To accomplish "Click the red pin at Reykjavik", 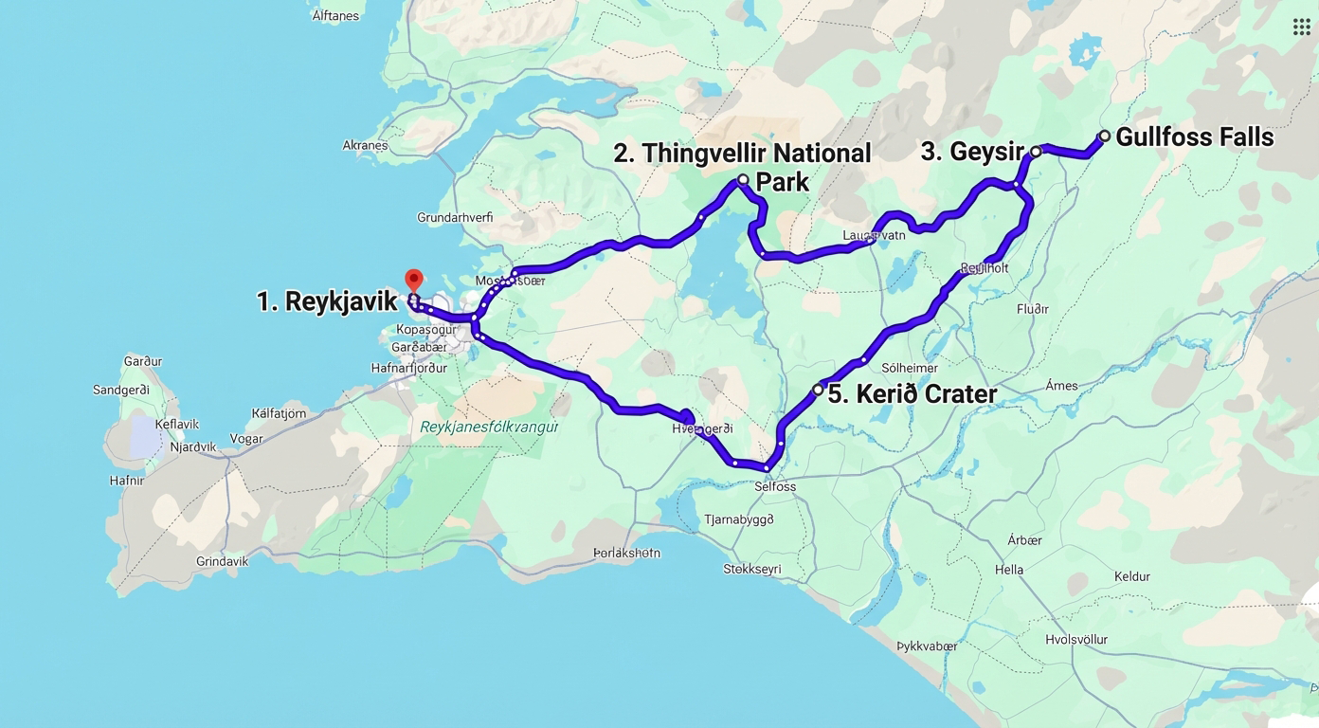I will [x=413, y=281].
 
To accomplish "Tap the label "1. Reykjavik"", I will [x=327, y=302].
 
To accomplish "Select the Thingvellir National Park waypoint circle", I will [x=743, y=179].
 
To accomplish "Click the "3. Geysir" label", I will [x=972, y=152].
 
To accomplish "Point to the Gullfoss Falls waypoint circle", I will [x=1104, y=136].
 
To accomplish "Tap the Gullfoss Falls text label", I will [x=1194, y=137].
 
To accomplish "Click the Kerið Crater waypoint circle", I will [x=818, y=390].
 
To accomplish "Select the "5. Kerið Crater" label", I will [x=912, y=394].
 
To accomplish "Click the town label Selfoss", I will [x=775, y=486].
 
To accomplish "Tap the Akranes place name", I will [x=365, y=146].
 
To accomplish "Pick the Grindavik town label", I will [x=222, y=561].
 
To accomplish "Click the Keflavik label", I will [x=177, y=425].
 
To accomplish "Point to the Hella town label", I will [x=1009, y=570].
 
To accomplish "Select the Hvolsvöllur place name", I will [x=1076, y=639].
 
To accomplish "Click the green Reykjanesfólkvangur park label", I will [x=489, y=427].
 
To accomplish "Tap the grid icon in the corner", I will [x=1301, y=27].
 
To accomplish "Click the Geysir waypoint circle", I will [x=1036, y=152].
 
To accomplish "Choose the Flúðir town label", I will [x=1032, y=309].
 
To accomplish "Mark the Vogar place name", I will [x=247, y=439].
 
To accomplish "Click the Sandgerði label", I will [x=121, y=390].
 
